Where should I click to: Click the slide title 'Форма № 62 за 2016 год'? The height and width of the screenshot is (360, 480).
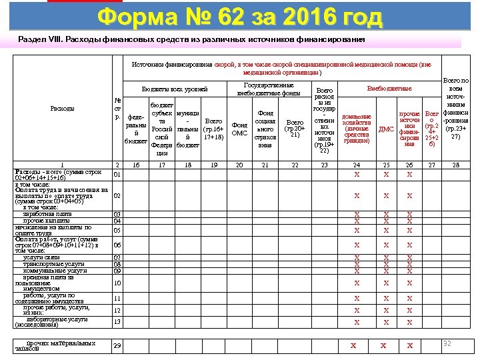pyautogui.click(x=239, y=17)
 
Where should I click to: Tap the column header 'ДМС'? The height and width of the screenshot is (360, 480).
pyautogui.click(x=387, y=129)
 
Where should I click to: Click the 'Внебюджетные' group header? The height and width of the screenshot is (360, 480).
pyautogui.click(x=389, y=89)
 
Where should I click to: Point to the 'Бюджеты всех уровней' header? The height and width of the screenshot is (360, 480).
pyautogui.click(x=175, y=89)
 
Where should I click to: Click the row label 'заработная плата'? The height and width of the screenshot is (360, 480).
pyautogui.click(x=46, y=213)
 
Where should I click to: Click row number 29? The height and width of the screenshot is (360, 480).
pyautogui.click(x=117, y=345)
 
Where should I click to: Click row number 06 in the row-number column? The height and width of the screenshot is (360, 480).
pyautogui.click(x=117, y=245)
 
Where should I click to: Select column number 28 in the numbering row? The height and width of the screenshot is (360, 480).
pyautogui.click(x=456, y=164)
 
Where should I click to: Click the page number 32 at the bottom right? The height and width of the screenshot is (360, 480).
pyautogui.click(x=448, y=343)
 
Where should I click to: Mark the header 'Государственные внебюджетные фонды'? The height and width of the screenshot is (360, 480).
pyautogui.click(x=269, y=89)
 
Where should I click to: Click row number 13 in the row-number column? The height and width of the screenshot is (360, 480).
pyautogui.click(x=117, y=322)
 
